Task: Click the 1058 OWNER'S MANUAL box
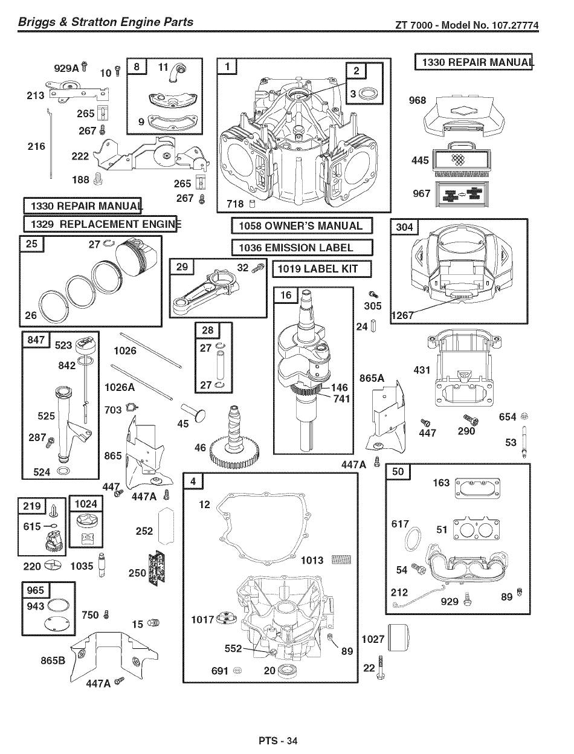coord(302,226)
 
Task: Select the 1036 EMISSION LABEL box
coord(302,247)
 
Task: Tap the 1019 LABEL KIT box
coord(322,269)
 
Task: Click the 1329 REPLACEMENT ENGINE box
coord(100,224)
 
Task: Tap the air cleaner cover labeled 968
coord(464,116)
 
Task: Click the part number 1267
coord(402,315)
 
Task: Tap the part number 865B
coord(53,660)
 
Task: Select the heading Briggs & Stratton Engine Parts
coord(106,22)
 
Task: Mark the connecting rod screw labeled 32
coord(258,268)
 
